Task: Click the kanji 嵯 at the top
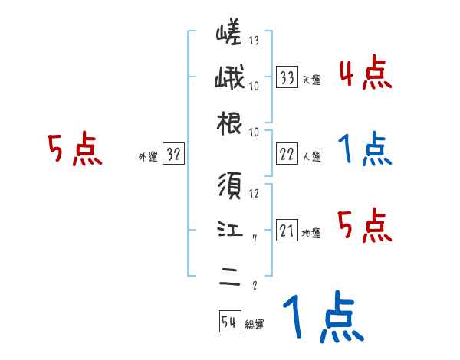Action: pyautogui.click(x=230, y=34)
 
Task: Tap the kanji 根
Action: pyautogui.click(x=230, y=124)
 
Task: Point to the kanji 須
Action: pyautogui.click(x=230, y=186)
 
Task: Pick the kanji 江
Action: pyautogui.click(x=230, y=230)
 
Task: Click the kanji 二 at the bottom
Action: pyautogui.click(x=230, y=275)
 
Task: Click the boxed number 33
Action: pyautogui.click(x=287, y=78)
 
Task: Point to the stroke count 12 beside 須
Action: pyautogui.click(x=254, y=193)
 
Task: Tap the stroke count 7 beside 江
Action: pyautogui.click(x=254, y=238)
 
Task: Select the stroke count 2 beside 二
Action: pyautogui.click(x=254, y=285)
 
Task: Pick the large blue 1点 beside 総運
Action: pyautogui.click(x=322, y=318)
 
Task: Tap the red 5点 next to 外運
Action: pyautogui.click(x=74, y=150)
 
